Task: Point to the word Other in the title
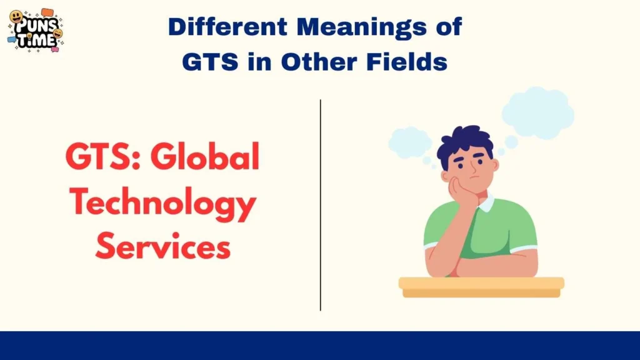329,61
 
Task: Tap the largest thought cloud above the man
537,112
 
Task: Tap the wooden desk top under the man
481,283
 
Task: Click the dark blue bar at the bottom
320,346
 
